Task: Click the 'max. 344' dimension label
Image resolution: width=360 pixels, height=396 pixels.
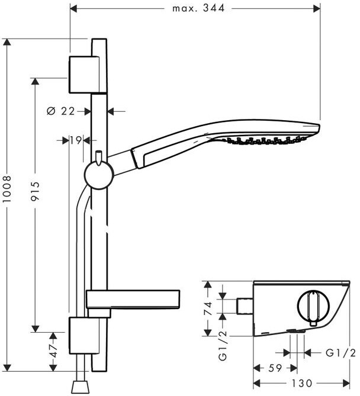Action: click(198, 8)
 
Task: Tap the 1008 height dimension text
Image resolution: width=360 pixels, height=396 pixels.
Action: click(7, 189)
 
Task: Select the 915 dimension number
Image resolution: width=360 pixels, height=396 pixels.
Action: click(35, 191)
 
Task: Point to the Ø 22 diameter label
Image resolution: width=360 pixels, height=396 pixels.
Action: click(61, 111)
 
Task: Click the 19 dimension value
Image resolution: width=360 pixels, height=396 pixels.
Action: click(76, 140)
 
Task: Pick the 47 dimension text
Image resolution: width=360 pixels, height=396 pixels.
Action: click(53, 351)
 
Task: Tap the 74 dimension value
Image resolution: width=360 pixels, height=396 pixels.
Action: click(208, 308)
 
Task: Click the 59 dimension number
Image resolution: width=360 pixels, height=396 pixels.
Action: click(275, 368)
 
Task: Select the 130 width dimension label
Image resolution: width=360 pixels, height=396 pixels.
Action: click(302, 383)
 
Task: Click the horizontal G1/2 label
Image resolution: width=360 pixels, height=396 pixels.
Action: click(340, 353)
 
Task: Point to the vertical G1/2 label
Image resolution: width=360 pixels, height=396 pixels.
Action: click(223, 346)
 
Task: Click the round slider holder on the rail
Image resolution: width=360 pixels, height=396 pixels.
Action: click(99, 176)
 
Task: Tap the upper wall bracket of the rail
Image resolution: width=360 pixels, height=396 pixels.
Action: click(85, 75)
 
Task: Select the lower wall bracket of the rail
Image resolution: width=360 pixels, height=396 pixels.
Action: click(84, 336)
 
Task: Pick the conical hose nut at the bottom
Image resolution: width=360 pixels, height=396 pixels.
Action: click(81, 387)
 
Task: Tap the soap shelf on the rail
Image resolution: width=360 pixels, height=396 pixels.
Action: click(133, 300)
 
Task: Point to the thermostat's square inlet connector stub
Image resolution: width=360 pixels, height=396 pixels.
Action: click(245, 306)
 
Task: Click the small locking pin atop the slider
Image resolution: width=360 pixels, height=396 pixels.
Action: click(99, 158)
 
